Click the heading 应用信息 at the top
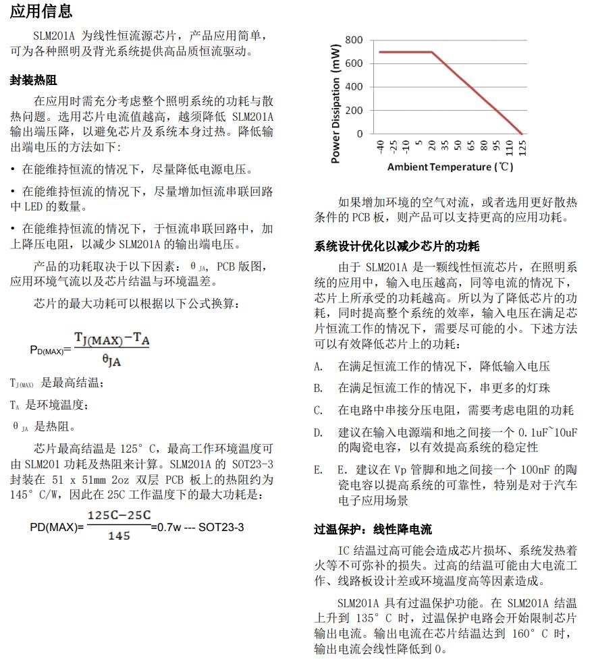coord(41,11)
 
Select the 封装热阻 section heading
coord(33,80)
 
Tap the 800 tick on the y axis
coord(354,40)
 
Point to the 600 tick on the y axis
coord(354,63)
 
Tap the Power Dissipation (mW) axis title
coord(335,103)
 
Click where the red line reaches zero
coord(521,134)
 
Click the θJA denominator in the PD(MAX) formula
coord(111,361)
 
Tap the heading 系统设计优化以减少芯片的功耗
coord(397,246)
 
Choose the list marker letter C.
coord(318,410)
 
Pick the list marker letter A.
coord(318,366)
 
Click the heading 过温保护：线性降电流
coord(373,530)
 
